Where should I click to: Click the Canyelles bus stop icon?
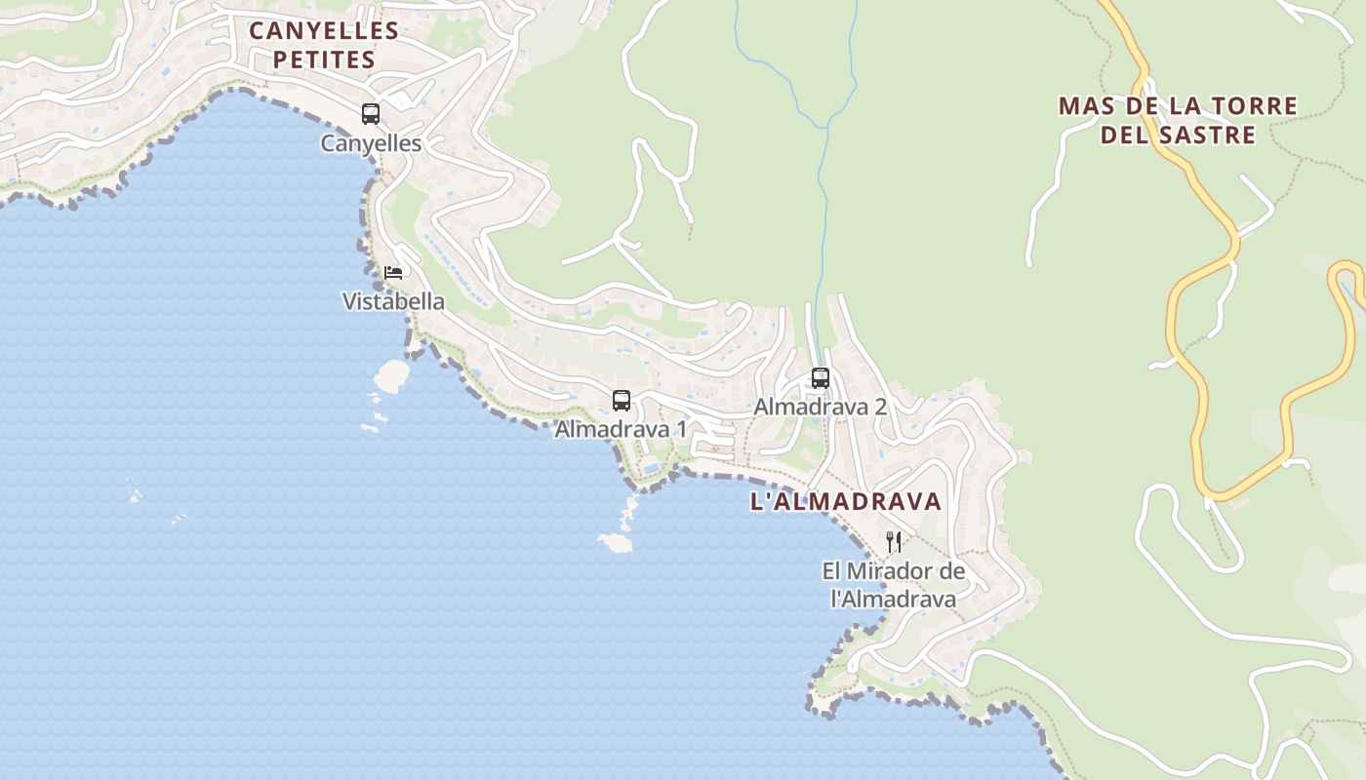pos(371,113)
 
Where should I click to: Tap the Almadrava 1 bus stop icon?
pos(622,400)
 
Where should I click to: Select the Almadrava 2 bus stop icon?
pos(821,377)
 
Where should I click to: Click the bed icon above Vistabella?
pos(393,272)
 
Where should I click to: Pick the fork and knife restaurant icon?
pos(893,542)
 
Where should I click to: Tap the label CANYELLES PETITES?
pos(324,45)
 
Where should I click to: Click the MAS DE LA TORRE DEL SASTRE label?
pos(1178,120)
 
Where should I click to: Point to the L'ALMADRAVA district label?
pos(846,502)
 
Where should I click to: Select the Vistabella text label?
pos(393,301)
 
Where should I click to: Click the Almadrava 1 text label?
pos(621,429)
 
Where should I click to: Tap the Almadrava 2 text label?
pos(820,407)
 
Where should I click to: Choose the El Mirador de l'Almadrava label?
pos(893,585)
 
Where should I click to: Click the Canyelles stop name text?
pos(371,143)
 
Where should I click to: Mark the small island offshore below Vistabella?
pos(392,373)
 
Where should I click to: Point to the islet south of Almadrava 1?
pos(616,542)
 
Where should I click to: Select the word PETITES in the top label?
pos(324,59)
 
